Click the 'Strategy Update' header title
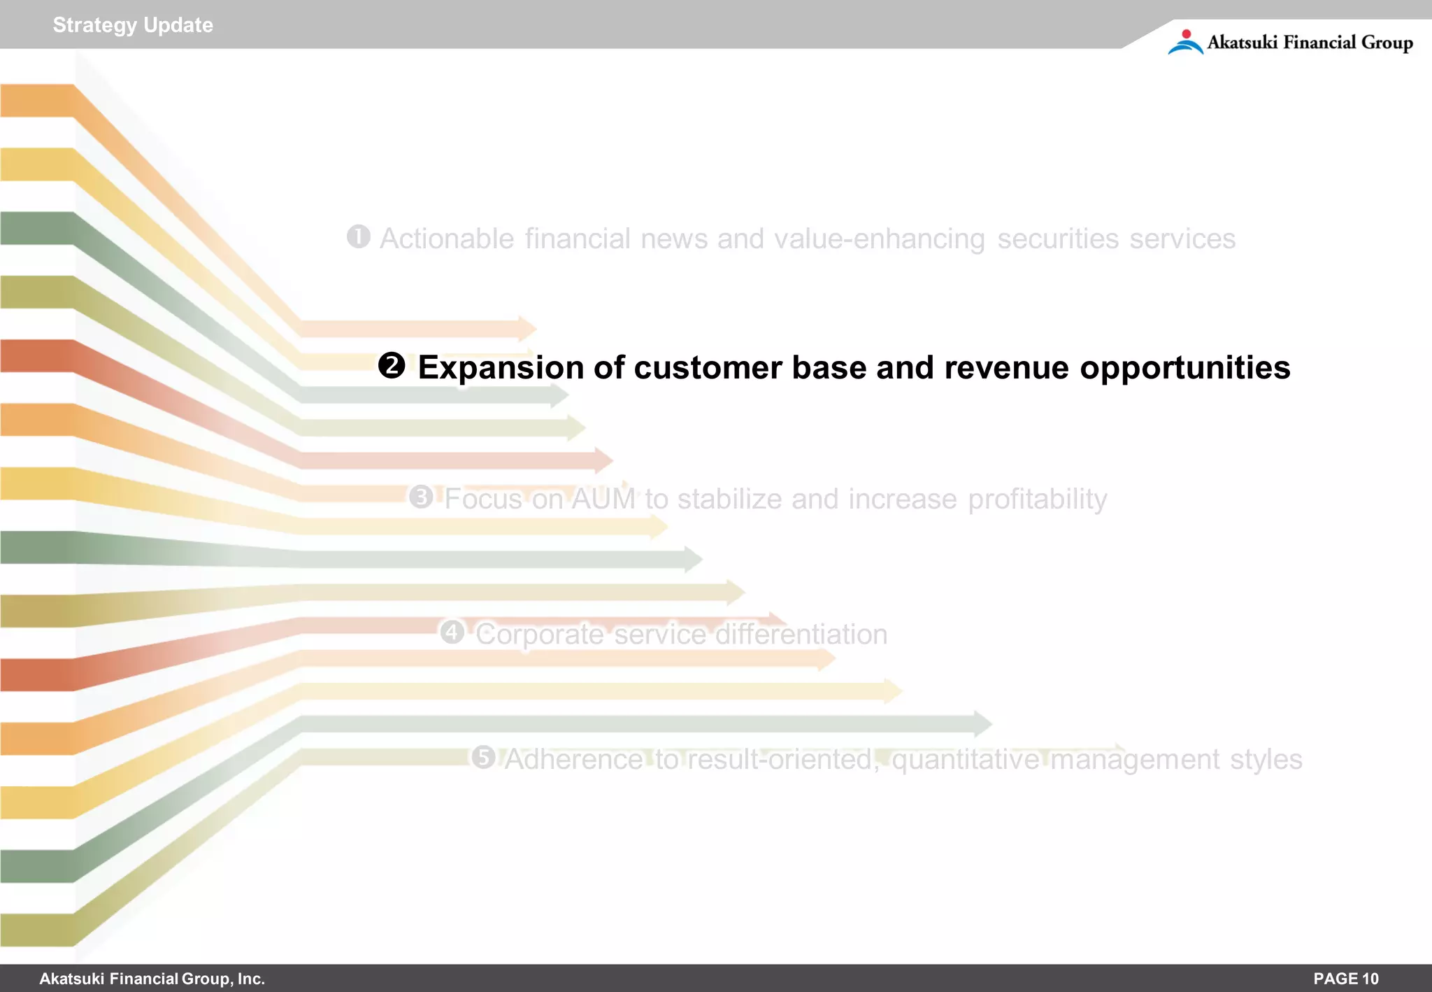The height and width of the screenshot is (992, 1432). tap(133, 25)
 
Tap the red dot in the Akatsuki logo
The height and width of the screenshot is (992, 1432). tap(1186, 34)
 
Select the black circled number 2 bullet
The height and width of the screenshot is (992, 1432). tap(392, 366)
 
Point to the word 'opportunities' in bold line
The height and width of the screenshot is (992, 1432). tap(1184, 369)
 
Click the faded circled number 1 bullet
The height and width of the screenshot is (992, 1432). tap(359, 236)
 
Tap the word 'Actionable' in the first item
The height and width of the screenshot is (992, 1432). tap(447, 239)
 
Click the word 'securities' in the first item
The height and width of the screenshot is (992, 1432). tap(1057, 239)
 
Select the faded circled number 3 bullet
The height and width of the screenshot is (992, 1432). tap(421, 497)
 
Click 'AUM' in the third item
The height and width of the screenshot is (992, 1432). tap(603, 499)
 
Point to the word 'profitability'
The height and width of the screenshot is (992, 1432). tap(1037, 499)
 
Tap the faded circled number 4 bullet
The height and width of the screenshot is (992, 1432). tap(452, 632)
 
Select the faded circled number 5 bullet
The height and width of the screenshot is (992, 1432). tap(483, 757)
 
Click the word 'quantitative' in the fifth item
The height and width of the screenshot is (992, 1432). tap(966, 760)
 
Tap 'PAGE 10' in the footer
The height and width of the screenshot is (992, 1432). tap(1345, 979)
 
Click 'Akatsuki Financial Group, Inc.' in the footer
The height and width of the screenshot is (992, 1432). tap(152, 979)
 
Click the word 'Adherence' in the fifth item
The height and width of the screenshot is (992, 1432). tap(573, 760)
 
